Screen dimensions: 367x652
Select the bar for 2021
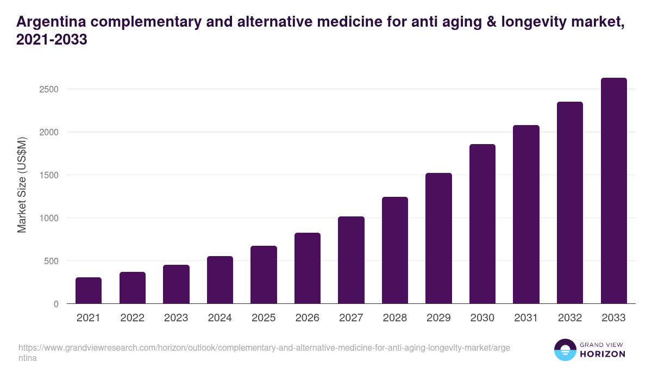[x=89, y=290]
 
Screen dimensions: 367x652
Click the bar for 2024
[x=220, y=279]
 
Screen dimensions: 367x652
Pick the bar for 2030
[x=482, y=223]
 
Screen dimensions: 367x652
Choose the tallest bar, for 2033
[x=614, y=191]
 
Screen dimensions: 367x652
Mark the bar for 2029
[x=438, y=238]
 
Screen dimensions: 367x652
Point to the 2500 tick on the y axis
[x=48, y=89]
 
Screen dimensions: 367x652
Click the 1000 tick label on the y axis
[x=48, y=218]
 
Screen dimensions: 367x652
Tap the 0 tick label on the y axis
[x=56, y=304]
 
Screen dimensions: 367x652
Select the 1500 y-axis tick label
[x=48, y=175]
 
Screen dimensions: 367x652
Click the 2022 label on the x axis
[x=132, y=318]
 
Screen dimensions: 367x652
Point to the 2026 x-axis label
[x=308, y=318]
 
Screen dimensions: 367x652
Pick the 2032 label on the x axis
[x=570, y=318]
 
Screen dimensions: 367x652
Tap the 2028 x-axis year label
[x=395, y=318]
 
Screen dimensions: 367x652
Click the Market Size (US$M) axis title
[x=22, y=185]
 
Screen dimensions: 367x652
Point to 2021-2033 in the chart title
[x=52, y=40]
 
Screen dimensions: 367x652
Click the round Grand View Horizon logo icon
[x=565, y=350]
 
